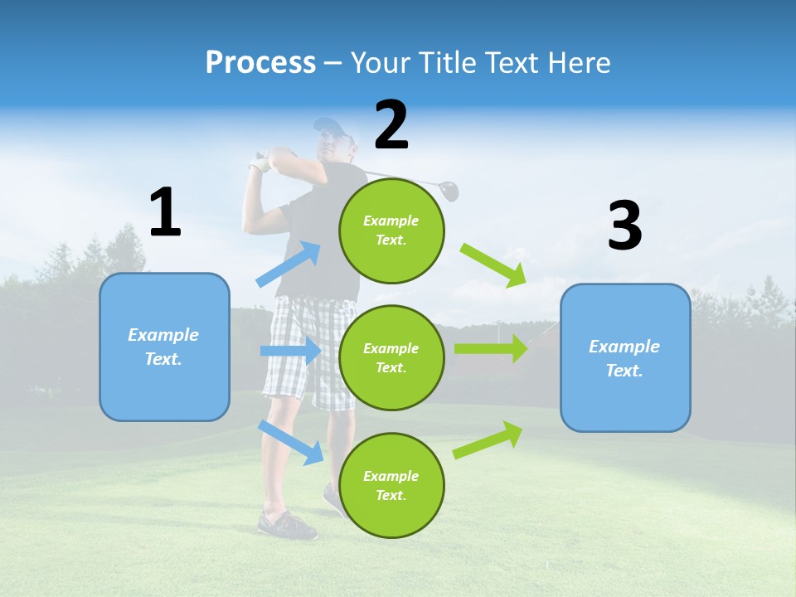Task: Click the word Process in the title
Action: tap(260, 62)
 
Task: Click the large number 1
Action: tap(165, 213)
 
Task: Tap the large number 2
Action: tap(391, 125)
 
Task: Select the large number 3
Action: tap(624, 226)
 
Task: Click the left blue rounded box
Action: tap(164, 347)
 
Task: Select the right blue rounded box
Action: tap(625, 358)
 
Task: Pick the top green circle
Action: tap(391, 231)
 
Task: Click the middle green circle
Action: tap(391, 357)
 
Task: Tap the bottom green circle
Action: tap(391, 485)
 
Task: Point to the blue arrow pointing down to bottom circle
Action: tap(290, 441)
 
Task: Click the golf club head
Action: tap(449, 191)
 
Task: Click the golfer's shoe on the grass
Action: tap(286, 526)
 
